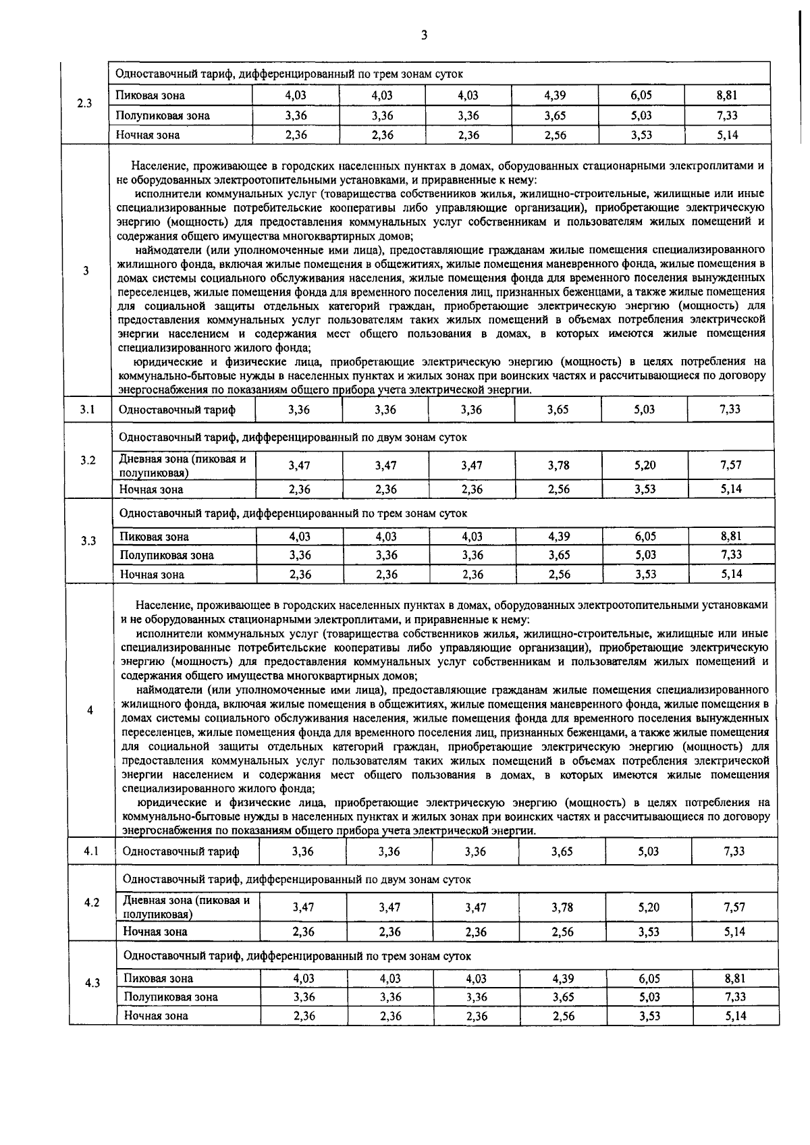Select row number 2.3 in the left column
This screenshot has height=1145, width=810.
pos(84,104)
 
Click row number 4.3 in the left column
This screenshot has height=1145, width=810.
pos(92,983)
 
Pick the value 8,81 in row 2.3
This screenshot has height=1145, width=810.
pos(727,96)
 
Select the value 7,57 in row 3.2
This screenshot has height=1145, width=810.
pos(730,465)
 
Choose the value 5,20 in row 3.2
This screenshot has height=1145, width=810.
pos(645,465)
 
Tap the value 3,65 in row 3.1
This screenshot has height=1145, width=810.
pos(558,409)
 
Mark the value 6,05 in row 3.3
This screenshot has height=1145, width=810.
pos(645,537)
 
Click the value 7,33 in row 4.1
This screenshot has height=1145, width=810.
pos(734,851)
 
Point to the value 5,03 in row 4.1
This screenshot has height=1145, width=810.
pos(648,851)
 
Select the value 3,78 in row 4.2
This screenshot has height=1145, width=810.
pos(562,907)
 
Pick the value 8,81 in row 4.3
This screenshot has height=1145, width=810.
pos(734,978)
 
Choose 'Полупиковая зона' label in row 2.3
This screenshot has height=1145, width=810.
pos(163,115)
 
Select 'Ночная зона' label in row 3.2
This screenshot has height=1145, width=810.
pos(152,489)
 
